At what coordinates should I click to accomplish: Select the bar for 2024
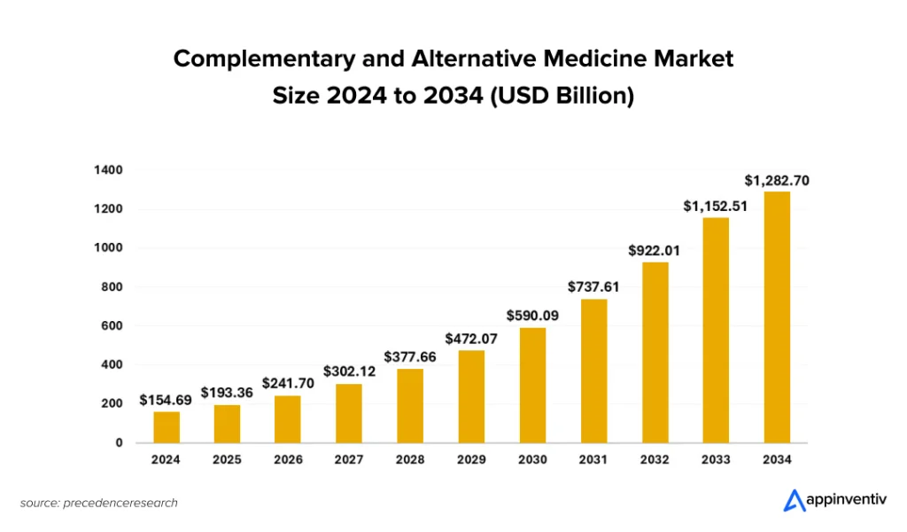(166, 426)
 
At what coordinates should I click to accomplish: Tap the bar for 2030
(532, 385)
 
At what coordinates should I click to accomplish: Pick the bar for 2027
(349, 412)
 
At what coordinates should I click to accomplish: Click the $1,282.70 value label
(777, 181)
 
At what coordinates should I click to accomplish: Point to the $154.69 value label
(166, 400)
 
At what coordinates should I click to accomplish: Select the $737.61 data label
(594, 286)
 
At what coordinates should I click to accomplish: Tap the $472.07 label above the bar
(471, 338)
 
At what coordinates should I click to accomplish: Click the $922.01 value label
(655, 250)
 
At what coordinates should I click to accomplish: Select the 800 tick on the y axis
(112, 286)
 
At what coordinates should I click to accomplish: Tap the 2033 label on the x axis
(716, 459)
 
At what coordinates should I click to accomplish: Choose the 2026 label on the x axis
(288, 459)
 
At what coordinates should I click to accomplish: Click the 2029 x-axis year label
(471, 459)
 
